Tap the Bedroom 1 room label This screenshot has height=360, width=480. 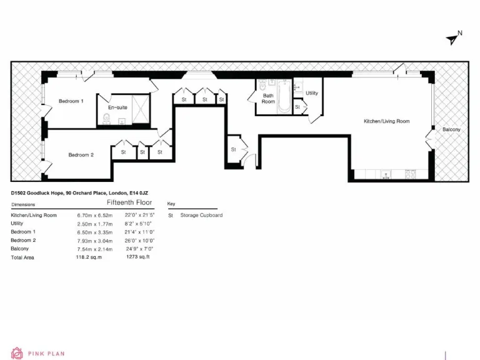pos(71,101)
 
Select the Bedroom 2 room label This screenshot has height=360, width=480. pos(81,155)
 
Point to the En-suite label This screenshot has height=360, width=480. pos(117,107)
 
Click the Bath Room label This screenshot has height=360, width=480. pos(268,99)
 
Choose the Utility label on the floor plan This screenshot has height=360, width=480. pos(311,93)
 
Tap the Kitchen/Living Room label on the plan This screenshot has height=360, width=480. pos(387,121)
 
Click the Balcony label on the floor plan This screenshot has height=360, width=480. pos(451,129)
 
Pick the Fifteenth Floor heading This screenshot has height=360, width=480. pos(129,203)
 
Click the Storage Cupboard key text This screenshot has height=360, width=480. pos(201,215)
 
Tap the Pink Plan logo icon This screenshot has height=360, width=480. pos(16,353)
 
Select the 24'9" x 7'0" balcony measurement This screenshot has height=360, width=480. pos(139,248)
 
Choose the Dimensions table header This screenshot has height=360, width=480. pos(23,204)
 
